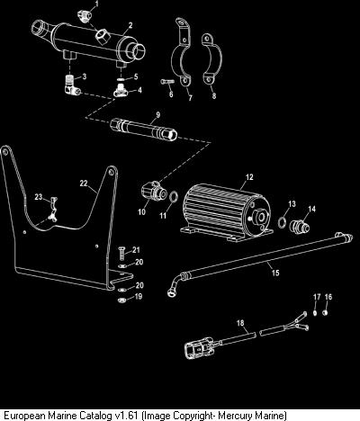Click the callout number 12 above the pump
[x=249, y=177]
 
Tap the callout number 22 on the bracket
[x=84, y=183]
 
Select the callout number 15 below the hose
[x=275, y=273]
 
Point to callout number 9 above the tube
[x=157, y=114]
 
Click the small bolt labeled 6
[x=167, y=81]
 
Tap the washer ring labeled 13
[x=283, y=222]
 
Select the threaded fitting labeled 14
[x=299, y=226]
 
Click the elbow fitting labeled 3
[x=72, y=85]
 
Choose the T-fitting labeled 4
[x=121, y=91]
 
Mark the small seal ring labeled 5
[x=121, y=79]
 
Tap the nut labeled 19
[x=121, y=300]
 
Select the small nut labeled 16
[x=325, y=313]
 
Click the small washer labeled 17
[x=315, y=313]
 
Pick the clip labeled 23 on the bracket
[x=53, y=210]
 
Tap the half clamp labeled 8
[x=211, y=59]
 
